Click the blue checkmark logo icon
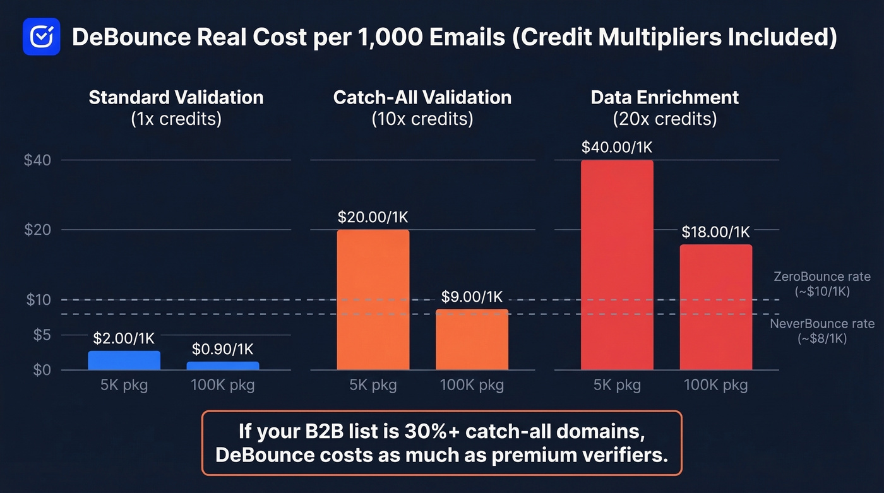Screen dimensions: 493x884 [41, 37]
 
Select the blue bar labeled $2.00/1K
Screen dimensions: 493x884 [124, 360]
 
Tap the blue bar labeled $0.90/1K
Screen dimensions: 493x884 [223, 365]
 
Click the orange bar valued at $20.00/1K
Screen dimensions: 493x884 [373, 300]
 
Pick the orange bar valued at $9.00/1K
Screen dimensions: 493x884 [472, 339]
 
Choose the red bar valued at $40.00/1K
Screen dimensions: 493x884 [617, 265]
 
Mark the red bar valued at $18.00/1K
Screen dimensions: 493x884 [715, 307]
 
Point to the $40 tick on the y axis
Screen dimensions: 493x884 [37, 160]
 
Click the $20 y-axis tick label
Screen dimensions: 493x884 [37, 230]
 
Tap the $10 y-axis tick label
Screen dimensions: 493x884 [37, 300]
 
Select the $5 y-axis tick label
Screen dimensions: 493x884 [40, 335]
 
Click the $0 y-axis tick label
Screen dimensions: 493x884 [40, 370]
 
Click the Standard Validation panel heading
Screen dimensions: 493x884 [176, 98]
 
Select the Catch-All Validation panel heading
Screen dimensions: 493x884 [422, 98]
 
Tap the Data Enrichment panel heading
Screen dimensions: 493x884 [664, 98]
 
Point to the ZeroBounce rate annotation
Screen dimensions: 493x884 [821, 284]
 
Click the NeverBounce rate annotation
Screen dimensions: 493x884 [821, 331]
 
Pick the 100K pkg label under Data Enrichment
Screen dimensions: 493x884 [715, 385]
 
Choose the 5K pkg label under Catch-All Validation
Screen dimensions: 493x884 [373, 385]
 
